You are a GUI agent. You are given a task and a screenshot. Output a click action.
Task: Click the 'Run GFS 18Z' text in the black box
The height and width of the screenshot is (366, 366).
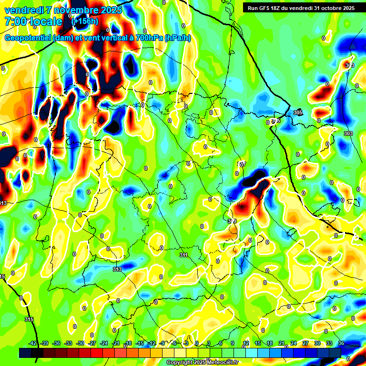pos(265,8)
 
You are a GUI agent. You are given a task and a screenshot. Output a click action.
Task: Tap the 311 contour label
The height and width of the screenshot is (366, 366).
pos(183,255)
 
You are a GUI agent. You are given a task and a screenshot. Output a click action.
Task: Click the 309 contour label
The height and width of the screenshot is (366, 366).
pos(232,221)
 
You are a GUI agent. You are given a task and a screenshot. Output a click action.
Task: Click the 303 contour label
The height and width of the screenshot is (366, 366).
pos(348,134)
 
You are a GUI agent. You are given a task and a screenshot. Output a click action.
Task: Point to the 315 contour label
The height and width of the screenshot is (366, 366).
pos(29,319)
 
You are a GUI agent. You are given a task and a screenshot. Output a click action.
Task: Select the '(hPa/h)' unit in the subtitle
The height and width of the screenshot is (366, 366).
pos(177,38)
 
